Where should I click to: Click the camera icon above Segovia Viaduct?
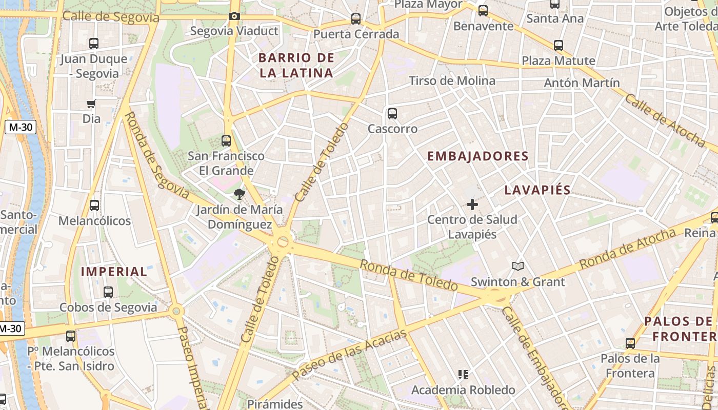234,16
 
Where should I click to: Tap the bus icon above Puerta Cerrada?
356,19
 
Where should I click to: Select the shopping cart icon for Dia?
91,105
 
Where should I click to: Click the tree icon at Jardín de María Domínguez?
239,194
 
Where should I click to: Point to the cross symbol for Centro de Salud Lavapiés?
472,205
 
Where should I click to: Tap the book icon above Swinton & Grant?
518,266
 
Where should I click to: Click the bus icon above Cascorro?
392,114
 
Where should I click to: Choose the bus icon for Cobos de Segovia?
108,292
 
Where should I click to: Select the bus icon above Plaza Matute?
559,46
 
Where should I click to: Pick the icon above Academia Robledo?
463,375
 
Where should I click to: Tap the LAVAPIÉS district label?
537,190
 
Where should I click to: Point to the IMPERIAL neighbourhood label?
114,272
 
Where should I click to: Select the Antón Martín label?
582,83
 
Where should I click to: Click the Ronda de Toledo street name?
408,275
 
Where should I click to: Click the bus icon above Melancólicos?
94,206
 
